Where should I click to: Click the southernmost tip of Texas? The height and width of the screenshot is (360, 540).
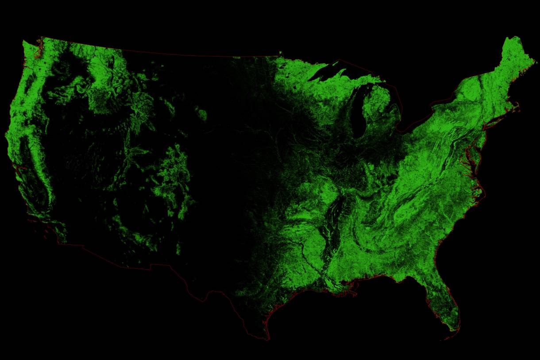[x=267, y=340]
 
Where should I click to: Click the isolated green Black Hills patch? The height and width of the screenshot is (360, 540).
[x=202, y=115]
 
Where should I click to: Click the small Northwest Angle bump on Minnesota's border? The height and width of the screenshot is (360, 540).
[x=280, y=53]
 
